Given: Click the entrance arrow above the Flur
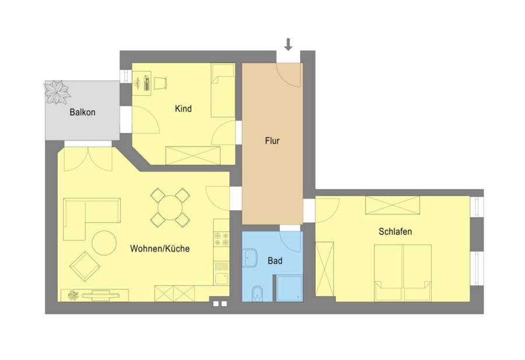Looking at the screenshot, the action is pyautogui.click(x=288, y=44).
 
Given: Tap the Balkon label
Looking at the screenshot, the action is pyautogui.click(x=82, y=112).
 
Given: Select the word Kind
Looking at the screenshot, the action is pyautogui.click(x=183, y=109).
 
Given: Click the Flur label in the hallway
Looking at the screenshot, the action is pyautogui.click(x=272, y=141).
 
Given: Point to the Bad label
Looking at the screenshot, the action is pyautogui.click(x=275, y=261).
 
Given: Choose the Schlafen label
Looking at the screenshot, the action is pyautogui.click(x=395, y=232).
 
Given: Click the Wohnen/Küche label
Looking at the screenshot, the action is pyautogui.click(x=160, y=249).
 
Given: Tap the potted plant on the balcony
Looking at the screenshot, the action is pyautogui.click(x=57, y=92).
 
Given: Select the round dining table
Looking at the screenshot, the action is pyautogui.click(x=170, y=208).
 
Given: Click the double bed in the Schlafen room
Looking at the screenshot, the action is pyautogui.click(x=402, y=272).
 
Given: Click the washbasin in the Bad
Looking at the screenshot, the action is pyautogui.click(x=250, y=258).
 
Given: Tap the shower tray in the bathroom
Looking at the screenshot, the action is pyautogui.click(x=289, y=288).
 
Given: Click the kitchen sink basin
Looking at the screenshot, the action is pyautogui.click(x=221, y=279).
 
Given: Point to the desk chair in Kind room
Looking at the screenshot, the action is pyautogui.click(x=161, y=83).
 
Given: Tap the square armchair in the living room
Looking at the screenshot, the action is pyautogui.click(x=85, y=267).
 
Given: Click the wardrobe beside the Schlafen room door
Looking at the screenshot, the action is pyautogui.click(x=325, y=269).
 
